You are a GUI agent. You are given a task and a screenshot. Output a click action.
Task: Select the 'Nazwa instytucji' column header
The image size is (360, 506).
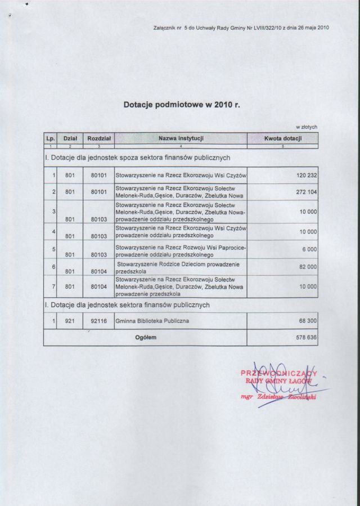click(x=181, y=138)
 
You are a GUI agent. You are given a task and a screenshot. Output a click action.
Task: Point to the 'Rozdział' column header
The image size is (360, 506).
click(x=98, y=138)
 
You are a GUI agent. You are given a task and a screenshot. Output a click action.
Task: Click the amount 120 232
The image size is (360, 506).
click(x=307, y=176)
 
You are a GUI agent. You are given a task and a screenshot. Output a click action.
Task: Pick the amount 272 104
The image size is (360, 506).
click(x=307, y=192)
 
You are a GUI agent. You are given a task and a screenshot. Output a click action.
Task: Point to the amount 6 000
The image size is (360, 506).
click(x=310, y=249)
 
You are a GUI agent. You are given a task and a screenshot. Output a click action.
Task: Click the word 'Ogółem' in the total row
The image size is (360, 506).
click(x=146, y=337)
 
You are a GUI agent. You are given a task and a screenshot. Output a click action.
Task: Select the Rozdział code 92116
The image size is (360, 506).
click(x=98, y=321)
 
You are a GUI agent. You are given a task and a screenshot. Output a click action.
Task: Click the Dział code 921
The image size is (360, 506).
click(x=70, y=321)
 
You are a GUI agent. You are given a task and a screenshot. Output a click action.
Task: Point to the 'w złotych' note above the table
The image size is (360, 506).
click(x=307, y=127)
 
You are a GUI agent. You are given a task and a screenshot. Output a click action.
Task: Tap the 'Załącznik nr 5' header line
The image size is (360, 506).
click(x=241, y=28)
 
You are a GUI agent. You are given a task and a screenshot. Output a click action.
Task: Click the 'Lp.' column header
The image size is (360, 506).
click(x=50, y=138)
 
